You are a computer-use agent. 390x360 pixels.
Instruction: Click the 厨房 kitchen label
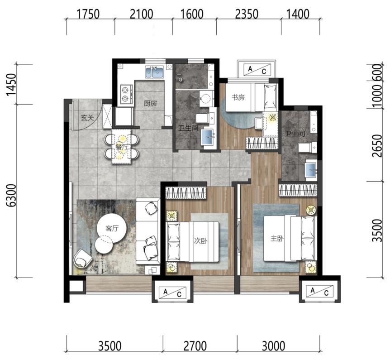150,103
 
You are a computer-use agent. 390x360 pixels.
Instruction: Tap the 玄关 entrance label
87,118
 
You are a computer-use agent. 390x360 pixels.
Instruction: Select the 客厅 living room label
112,228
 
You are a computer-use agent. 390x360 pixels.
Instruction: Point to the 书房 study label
238,97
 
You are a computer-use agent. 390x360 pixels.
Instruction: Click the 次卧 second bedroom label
201,241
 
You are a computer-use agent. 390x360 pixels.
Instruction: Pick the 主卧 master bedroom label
277,239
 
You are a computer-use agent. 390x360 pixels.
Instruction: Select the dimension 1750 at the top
88,14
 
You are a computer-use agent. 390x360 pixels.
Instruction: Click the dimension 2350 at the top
247,14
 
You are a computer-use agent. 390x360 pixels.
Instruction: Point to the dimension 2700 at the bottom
195,346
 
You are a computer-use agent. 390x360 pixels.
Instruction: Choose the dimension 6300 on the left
12,196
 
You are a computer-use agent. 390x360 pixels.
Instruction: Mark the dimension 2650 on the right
377,146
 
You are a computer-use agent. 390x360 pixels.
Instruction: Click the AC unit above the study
257,69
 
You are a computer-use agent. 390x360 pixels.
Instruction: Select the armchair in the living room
82,258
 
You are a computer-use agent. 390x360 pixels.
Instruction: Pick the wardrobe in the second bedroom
186,192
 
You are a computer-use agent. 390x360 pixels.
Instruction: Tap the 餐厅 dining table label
121,147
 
